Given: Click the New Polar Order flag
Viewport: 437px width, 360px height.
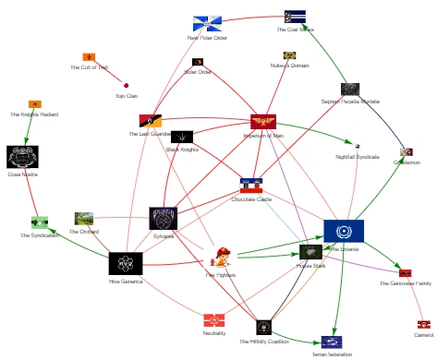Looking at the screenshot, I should (x=207, y=23).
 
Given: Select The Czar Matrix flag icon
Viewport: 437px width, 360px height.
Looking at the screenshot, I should (x=296, y=16).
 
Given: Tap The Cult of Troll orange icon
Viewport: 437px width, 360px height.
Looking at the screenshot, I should (x=89, y=57).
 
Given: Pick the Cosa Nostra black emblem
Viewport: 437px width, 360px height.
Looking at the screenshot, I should (x=22, y=156).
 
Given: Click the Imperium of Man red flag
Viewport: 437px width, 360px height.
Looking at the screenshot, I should (x=263, y=122).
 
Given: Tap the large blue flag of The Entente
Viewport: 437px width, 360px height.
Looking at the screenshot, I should (x=344, y=231).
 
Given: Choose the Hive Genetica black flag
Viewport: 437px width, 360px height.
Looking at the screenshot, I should (x=126, y=263).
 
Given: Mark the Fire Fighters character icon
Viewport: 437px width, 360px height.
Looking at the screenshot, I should (x=222, y=258).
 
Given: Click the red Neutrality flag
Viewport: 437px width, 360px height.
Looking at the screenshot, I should (x=214, y=320).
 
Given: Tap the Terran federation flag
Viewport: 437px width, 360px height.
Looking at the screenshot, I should (x=332, y=342).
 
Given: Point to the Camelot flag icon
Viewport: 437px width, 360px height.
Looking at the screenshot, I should (x=423, y=324).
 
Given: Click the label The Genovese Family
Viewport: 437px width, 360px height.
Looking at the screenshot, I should (x=405, y=283).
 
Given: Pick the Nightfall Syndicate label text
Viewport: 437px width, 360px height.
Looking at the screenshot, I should (x=358, y=157).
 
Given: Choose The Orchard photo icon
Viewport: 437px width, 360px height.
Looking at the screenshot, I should (x=84, y=219).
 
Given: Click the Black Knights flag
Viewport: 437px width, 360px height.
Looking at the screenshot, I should (x=182, y=137).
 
